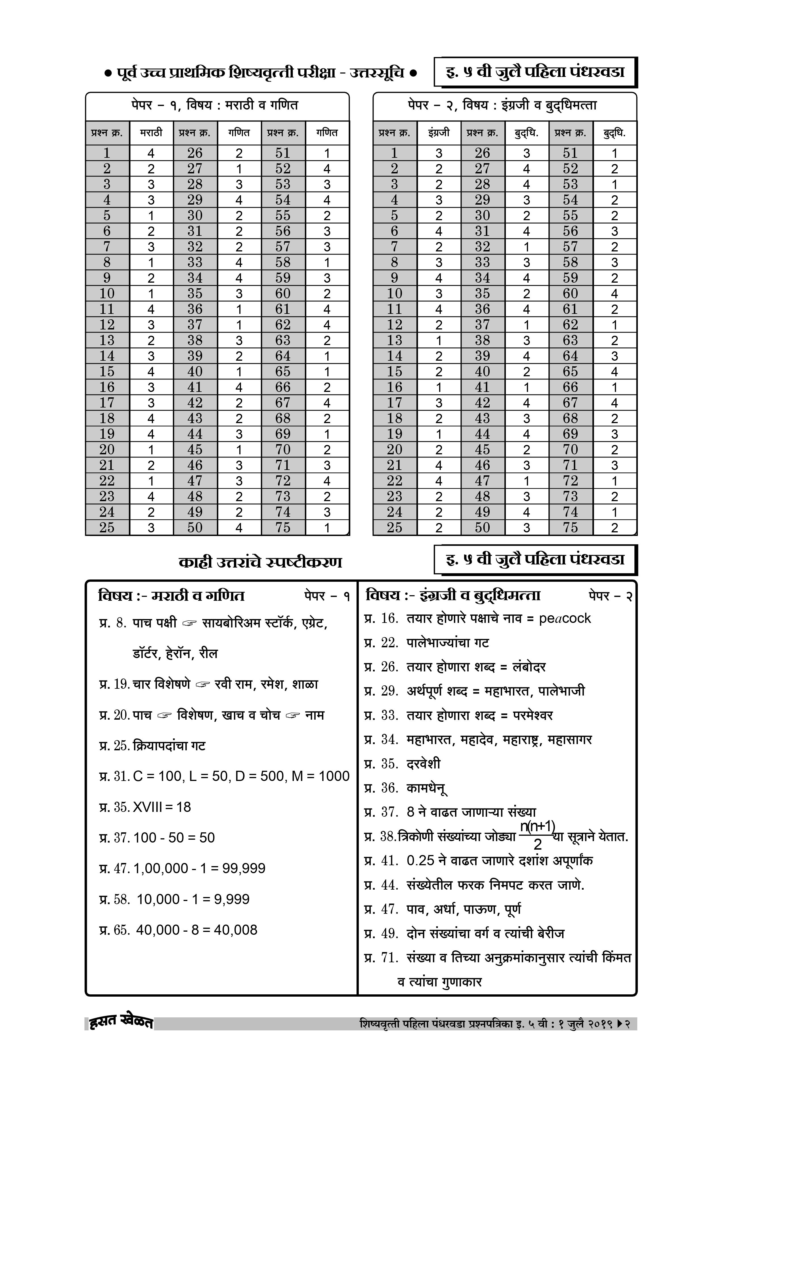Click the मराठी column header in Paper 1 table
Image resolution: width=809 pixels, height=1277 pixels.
[x=151, y=133]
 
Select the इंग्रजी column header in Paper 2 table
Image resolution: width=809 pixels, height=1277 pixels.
[x=439, y=133]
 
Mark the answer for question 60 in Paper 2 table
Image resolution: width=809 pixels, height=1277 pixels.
[x=614, y=293]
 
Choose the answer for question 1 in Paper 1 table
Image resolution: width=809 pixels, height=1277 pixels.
[x=151, y=153]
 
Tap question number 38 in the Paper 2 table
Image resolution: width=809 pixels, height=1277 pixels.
[x=482, y=341]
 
